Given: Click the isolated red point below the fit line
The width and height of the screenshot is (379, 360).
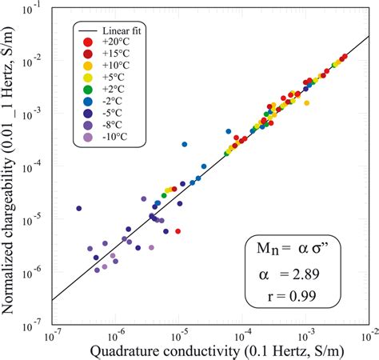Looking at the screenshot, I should pos(178,231).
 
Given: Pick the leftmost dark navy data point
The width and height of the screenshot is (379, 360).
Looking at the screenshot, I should pos(79,209).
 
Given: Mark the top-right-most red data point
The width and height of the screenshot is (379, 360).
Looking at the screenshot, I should pos(345,57).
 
